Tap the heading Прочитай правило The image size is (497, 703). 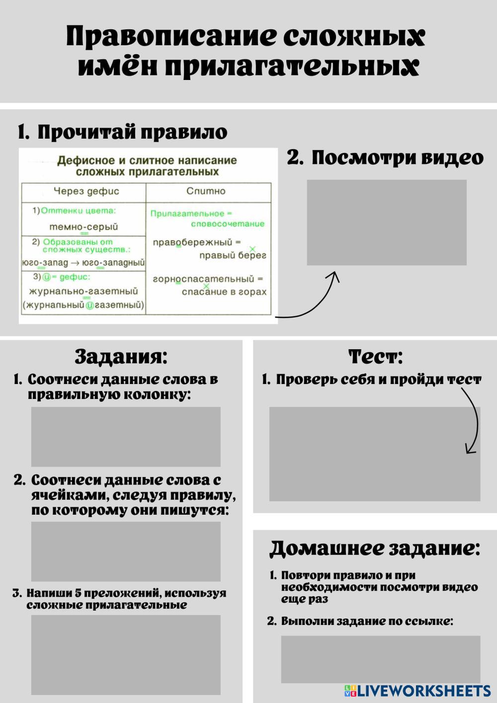tap(122, 132)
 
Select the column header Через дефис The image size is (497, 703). tap(86, 191)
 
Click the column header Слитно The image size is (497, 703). tap(206, 191)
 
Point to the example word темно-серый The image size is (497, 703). tap(83, 227)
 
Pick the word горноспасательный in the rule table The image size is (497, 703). tap(203, 279)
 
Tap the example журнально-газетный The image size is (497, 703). tap(83, 291)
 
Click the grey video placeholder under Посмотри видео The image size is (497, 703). tap(387, 223)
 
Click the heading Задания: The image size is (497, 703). tap(121, 357)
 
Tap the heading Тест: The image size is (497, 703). tap(376, 357)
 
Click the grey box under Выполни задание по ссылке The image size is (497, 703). tap(381, 659)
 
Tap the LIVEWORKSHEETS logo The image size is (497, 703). tap(417, 691)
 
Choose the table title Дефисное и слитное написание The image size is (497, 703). tap(147, 160)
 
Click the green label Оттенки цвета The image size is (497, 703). tap(78, 211)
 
